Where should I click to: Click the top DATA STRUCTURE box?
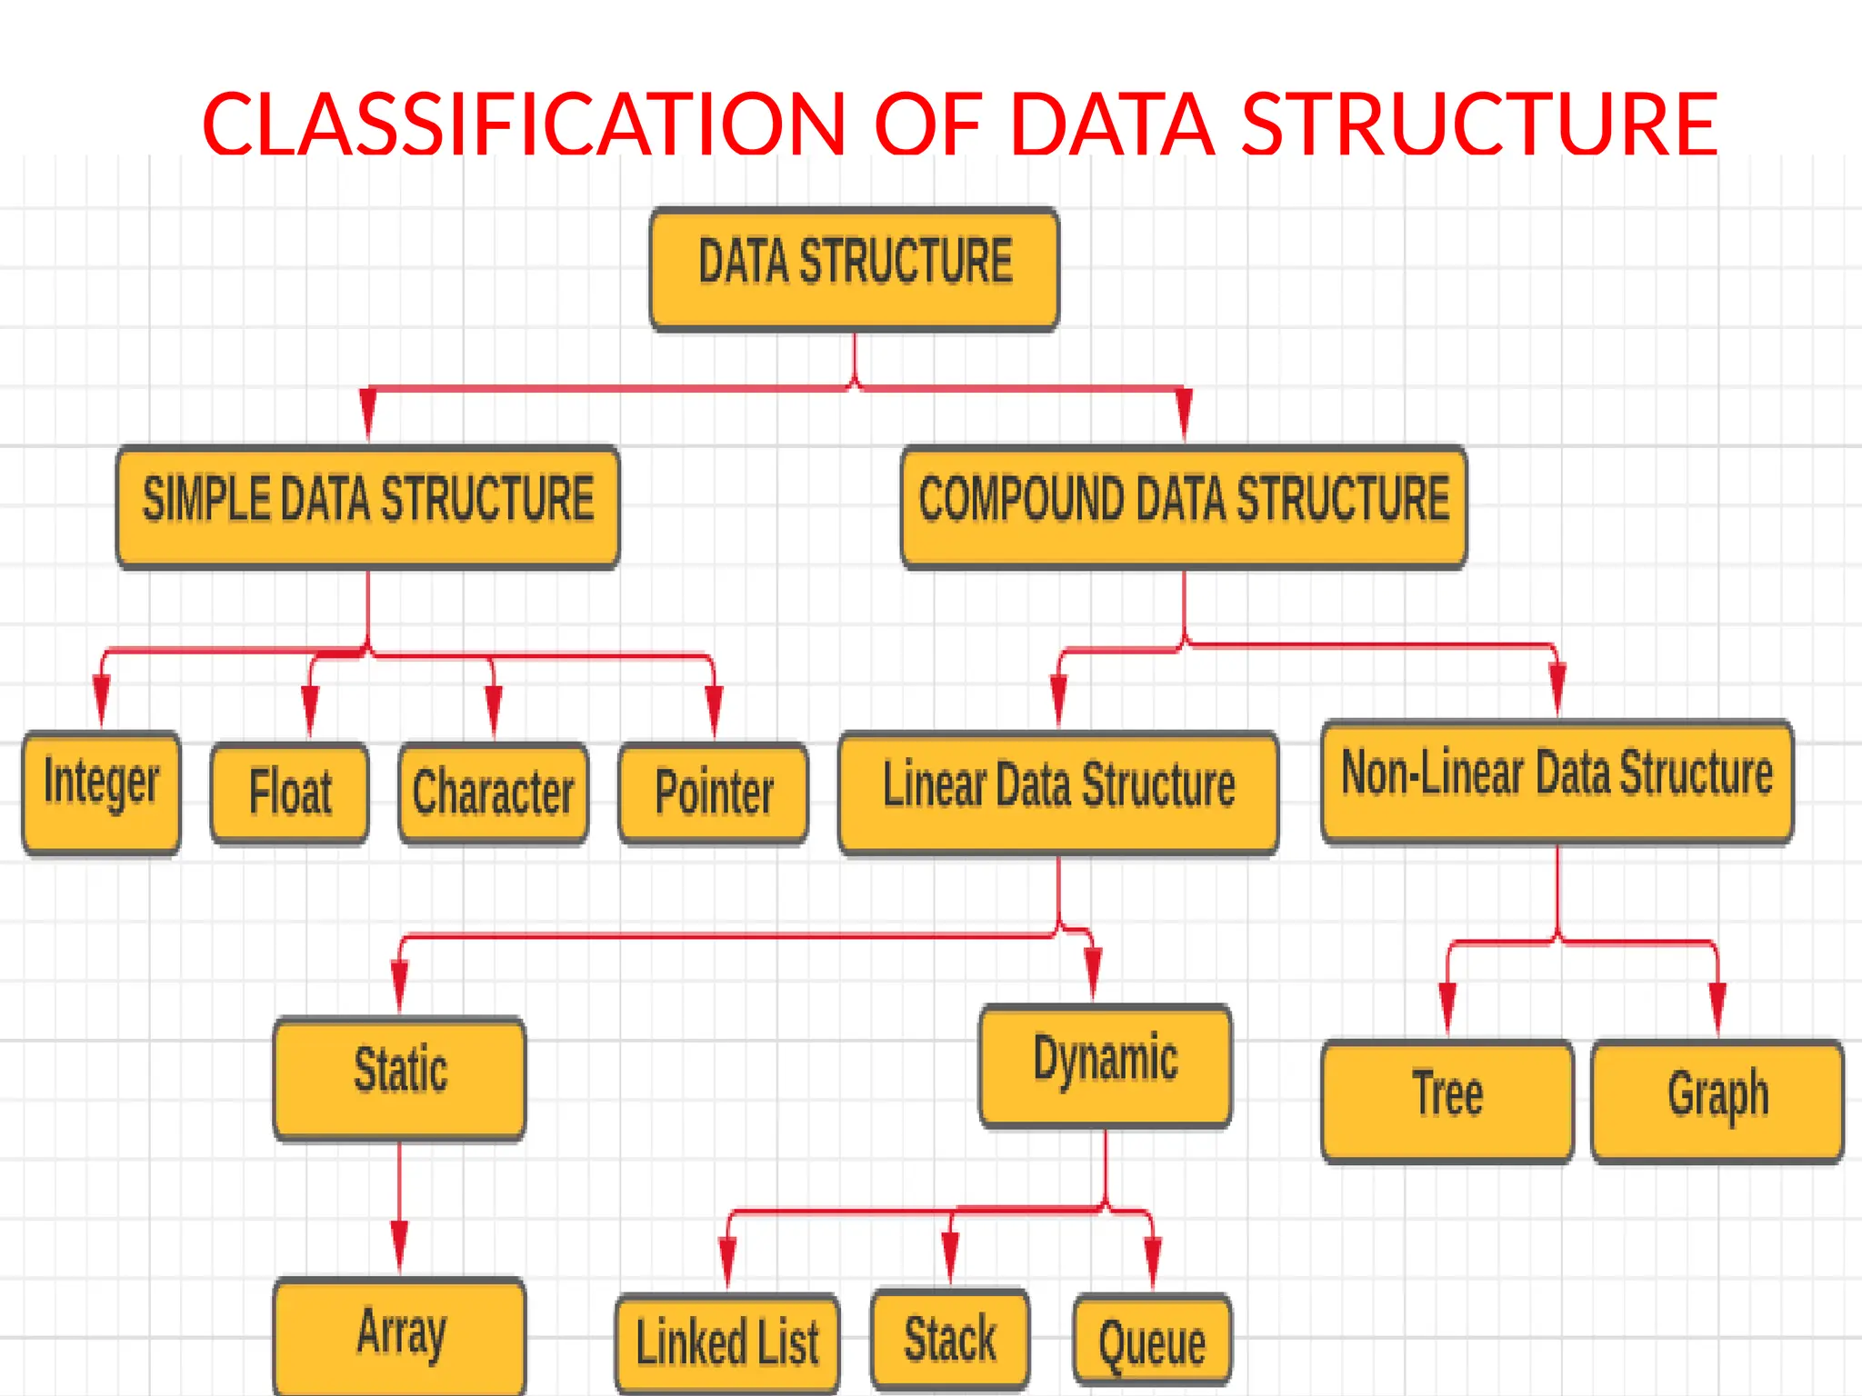pos(855,269)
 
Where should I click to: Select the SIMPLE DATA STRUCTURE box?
pos(368,506)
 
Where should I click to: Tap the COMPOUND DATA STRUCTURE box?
pos(1184,506)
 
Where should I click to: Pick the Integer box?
pos(101,792)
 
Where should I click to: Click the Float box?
pos(290,793)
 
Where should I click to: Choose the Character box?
pos(494,793)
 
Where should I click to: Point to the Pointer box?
pos(714,793)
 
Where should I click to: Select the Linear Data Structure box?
pos(1058,792)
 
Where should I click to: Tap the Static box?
pos(400,1078)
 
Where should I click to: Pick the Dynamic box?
pos(1106,1065)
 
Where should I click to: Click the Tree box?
pos(1447,1101)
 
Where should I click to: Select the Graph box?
pos(1717,1101)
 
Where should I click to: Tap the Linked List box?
pos(727,1343)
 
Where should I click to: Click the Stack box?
pos(950,1340)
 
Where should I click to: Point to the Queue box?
pos(1152,1341)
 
